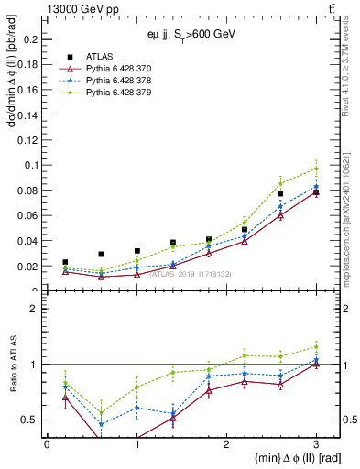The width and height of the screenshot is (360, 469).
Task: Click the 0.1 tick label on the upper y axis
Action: click(x=31, y=165)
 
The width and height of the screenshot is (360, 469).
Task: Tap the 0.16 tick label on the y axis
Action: click(x=28, y=90)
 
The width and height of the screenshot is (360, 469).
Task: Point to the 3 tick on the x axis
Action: click(x=316, y=443)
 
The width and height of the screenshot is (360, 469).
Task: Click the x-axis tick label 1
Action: click(x=136, y=443)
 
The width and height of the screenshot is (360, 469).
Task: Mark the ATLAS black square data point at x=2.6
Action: click(x=280, y=169)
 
